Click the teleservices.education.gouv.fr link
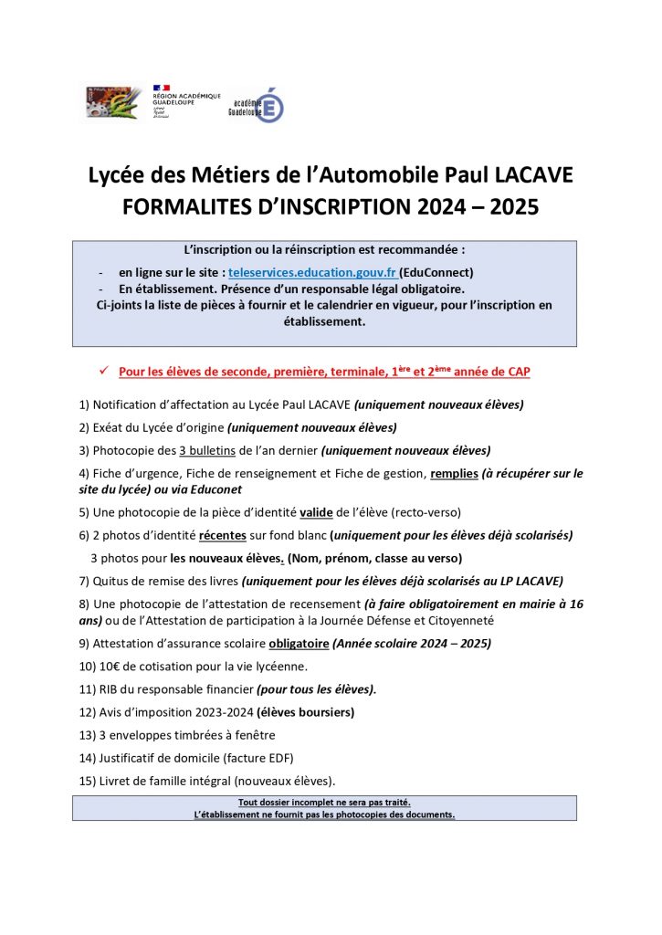point(313,273)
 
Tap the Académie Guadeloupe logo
point(257,106)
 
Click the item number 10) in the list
point(90,666)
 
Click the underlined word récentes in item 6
point(224,535)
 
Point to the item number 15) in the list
point(90,781)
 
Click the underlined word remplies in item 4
point(454,474)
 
